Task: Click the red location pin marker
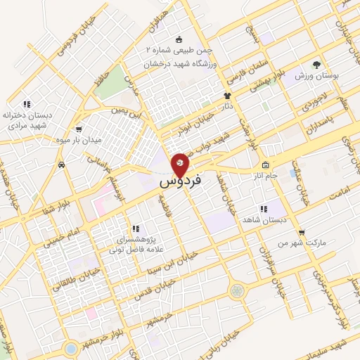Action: click(180, 164)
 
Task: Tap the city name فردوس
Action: click(181, 181)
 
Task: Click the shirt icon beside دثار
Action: click(227, 96)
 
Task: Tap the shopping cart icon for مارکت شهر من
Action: click(301, 231)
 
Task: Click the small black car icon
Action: click(62, 165)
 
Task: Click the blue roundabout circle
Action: click(71, 347)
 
